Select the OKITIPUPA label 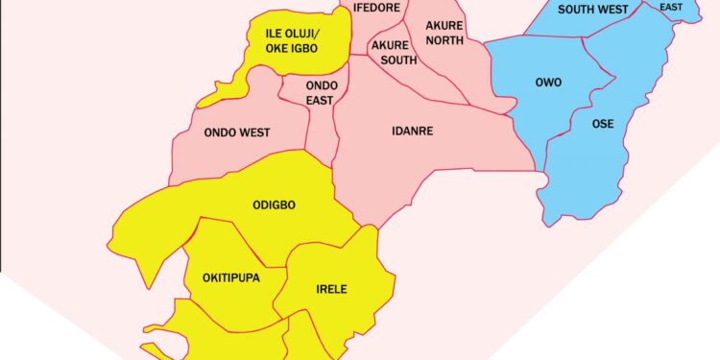point(231,278)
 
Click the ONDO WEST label point(237,132)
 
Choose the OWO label point(548,83)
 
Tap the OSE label point(603,124)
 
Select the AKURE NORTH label point(444,34)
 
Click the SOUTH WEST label point(593,10)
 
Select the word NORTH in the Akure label point(444,41)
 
